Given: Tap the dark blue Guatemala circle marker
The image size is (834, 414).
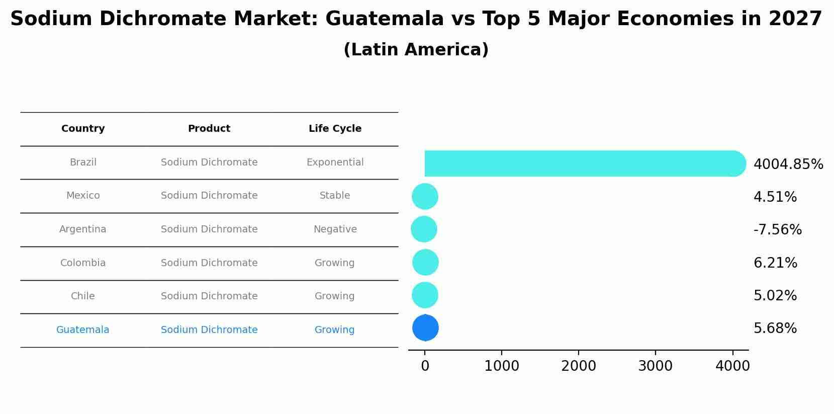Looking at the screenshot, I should coord(425,328).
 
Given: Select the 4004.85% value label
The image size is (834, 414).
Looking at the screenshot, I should coord(788,164).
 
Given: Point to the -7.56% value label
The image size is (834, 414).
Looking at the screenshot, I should coord(777,230).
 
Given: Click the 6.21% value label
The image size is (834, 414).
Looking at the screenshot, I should coord(775,263).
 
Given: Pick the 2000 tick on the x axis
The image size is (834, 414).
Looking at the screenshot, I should coord(578,366).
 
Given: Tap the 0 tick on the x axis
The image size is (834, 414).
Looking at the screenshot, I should coord(425,366).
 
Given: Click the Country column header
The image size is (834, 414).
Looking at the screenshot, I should coord(83,129).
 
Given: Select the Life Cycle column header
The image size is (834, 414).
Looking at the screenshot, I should coord(335,129).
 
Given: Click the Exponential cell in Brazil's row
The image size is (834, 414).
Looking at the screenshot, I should coord(335,162).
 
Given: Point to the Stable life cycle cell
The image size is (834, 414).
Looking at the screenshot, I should coord(335,196).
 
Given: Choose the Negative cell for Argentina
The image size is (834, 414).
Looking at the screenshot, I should coord(335,229).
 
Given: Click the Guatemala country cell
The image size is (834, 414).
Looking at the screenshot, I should coord(83,330).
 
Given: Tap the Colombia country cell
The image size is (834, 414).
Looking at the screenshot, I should coord(83,263).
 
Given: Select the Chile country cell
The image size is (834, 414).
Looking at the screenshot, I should coord(83,296).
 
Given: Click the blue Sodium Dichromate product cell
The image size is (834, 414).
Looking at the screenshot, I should coord(209,330).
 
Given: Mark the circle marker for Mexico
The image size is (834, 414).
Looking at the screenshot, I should coord(425,196).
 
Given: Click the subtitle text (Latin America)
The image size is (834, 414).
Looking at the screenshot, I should coord(416,50).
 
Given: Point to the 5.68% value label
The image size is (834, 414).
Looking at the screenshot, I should coord(775,328).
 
